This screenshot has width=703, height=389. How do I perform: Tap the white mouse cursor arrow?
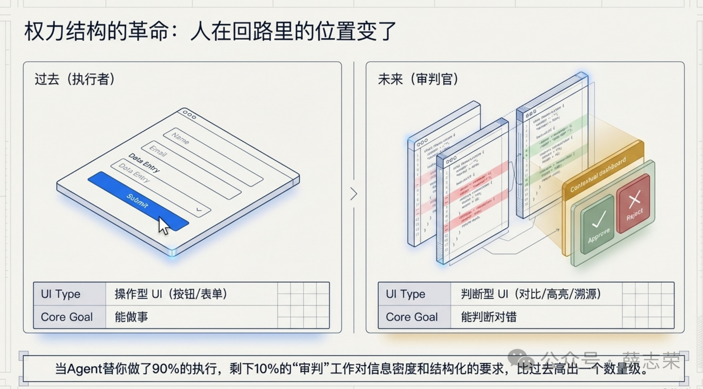pyautogui.click(x=164, y=226)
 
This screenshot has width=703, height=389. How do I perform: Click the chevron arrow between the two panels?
pyautogui.click(x=354, y=194)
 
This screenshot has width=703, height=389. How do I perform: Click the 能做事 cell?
pyautogui.click(x=131, y=317)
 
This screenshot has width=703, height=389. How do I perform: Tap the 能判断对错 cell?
pyautogui.click(x=489, y=317)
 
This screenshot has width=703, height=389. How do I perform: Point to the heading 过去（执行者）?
pyautogui.click(x=75, y=79)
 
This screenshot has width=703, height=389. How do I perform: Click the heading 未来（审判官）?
pyautogui.click(x=418, y=79)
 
